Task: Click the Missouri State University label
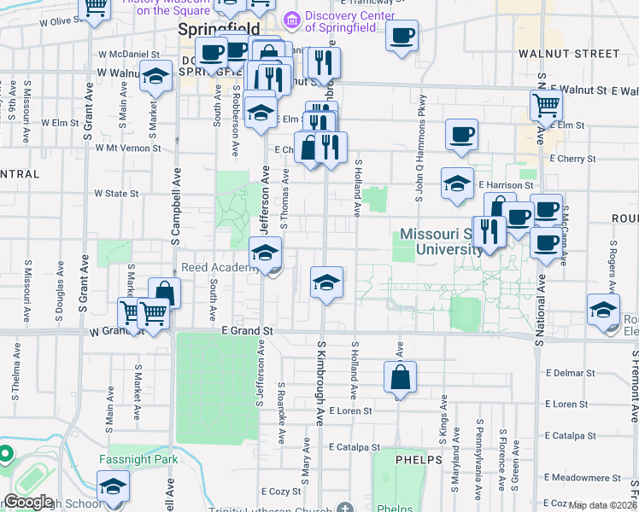point(442,241)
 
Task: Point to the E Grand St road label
point(246,330)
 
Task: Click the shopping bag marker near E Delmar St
point(400,375)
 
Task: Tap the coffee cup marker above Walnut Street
point(402,35)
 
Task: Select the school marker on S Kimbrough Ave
point(325,282)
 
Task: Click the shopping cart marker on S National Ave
point(547,106)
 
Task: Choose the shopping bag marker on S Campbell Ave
point(164,293)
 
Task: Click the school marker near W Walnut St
point(155,79)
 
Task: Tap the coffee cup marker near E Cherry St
point(461,134)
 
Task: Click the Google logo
point(28,503)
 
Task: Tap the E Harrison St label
point(505,184)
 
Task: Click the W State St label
point(116,194)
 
